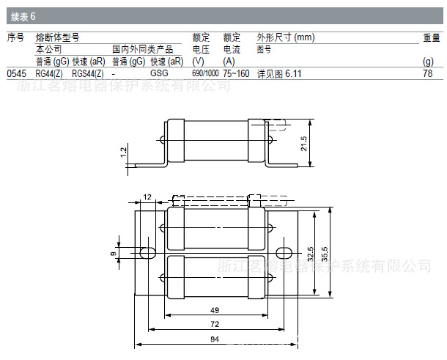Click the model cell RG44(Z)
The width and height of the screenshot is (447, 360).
[x=49, y=73]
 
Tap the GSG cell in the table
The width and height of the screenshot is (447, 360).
[x=159, y=73]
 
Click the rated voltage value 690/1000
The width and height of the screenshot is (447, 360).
[x=205, y=73]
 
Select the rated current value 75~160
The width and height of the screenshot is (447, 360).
[x=236, y=73]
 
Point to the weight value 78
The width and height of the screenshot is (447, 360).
[x=428, y=73]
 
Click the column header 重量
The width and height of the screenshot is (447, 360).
[x=431, y=37]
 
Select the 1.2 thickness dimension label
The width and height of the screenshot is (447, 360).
[x=123, y=152]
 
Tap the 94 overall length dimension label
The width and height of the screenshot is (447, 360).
[x=214, y=339]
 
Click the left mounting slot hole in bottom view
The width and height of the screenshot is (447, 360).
[x=147, y=253]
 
